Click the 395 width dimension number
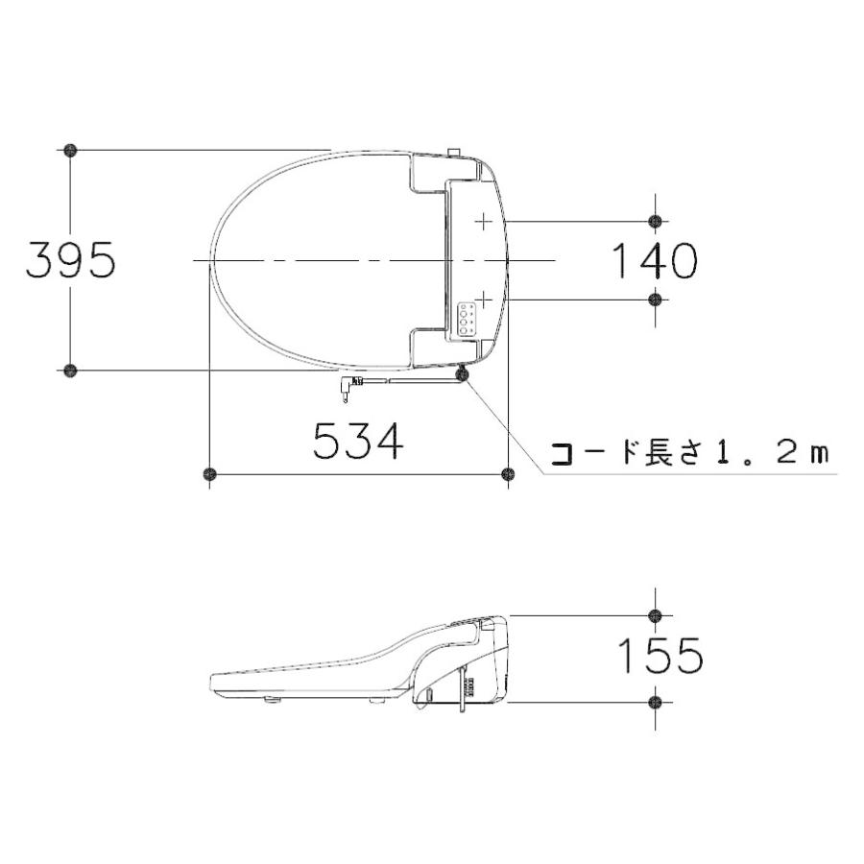(x=71, y=259)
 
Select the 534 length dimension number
(x=359, y=441)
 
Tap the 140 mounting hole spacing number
(x=655, y=260)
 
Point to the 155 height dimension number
(x=660, y=656)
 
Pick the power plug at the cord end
(x=348, y=386)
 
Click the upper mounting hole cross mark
(x=483, y=222)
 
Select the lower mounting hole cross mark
(x=483, y=300)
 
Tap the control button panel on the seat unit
(x=468, y=319)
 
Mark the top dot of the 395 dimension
(x=70, y=150)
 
